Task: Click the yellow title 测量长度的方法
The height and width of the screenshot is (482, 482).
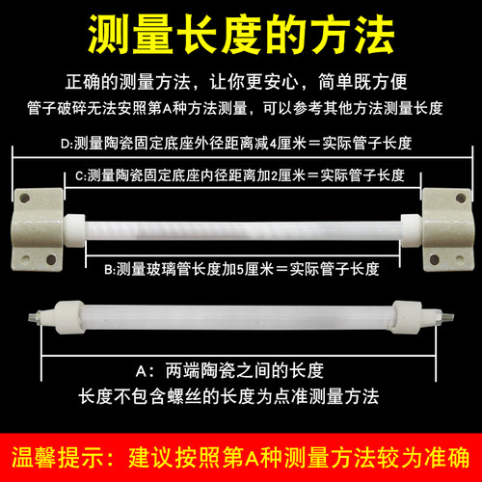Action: coord(241,37)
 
